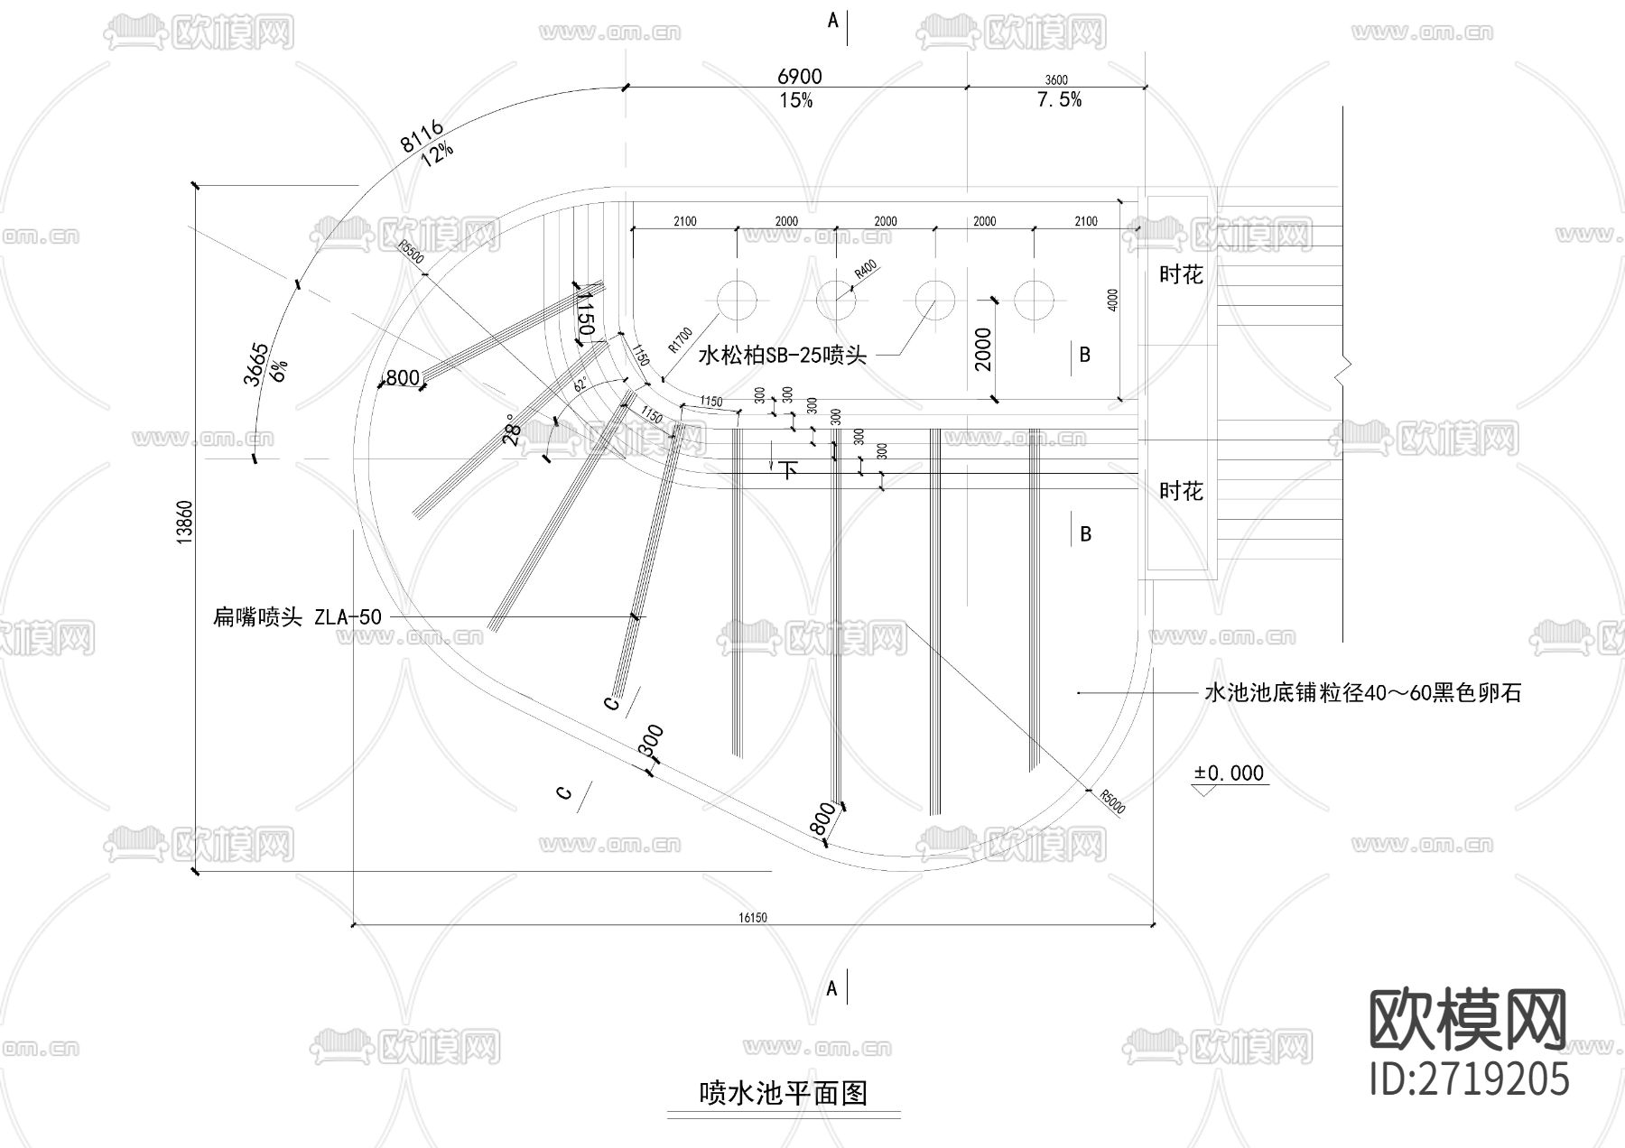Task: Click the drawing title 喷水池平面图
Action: coord(784,1094)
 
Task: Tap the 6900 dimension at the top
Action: coord(799,78)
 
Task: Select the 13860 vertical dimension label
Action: coord(185,522)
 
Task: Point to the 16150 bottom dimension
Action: coord(752,917)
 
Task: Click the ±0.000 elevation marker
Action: coord(1229,773)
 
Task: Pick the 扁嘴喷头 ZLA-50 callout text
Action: coord(297,617)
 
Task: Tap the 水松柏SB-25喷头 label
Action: coord(782,356)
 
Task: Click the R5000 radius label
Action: coord(1112,801)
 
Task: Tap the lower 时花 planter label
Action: coord(1181,492)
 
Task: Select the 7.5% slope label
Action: coord(1059,100)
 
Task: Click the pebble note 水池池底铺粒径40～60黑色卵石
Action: coord(1362,693)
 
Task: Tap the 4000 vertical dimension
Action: coord(1112,301)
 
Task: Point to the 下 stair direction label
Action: coord(789,470)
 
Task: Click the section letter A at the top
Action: coord(833,20)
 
